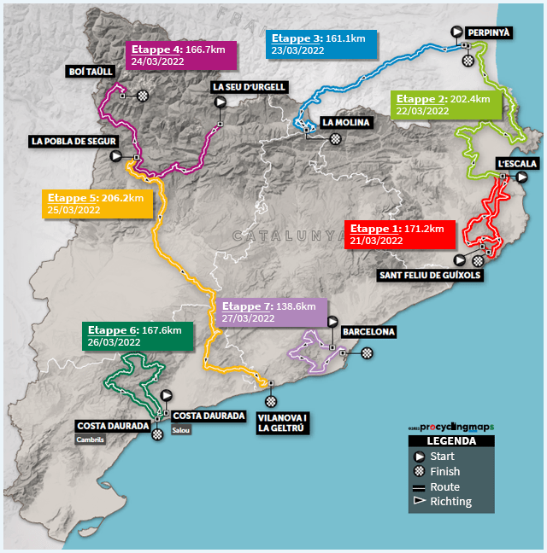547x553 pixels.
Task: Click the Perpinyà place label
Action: point(488,32)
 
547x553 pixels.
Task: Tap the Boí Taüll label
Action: point(91,72)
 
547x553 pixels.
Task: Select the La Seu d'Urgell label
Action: point(249,87)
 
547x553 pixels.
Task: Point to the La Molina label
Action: point(345,122)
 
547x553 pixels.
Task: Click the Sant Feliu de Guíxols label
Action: point(430,275)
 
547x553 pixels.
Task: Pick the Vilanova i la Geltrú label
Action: point(282,423)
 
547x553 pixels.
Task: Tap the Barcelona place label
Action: point(368,332)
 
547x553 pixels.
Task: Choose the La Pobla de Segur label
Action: point(74,142)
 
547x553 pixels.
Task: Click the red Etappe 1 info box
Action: point(400,235)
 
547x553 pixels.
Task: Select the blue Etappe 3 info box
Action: point(321,44)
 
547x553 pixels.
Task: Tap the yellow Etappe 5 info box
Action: point(97,204)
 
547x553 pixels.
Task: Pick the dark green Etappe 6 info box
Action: point(138,336)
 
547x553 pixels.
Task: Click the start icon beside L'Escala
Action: point(522,177)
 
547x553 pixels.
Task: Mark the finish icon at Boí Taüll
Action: point(143,96)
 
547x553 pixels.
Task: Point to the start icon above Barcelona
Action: point(332,322)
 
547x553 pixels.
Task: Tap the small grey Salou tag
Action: point(181,430)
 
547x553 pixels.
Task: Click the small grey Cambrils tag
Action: point(90,439)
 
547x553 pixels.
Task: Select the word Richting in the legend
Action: point(450,501)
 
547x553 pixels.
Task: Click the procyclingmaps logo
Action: point(451,428)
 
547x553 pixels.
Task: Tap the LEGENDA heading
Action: point(451,441)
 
